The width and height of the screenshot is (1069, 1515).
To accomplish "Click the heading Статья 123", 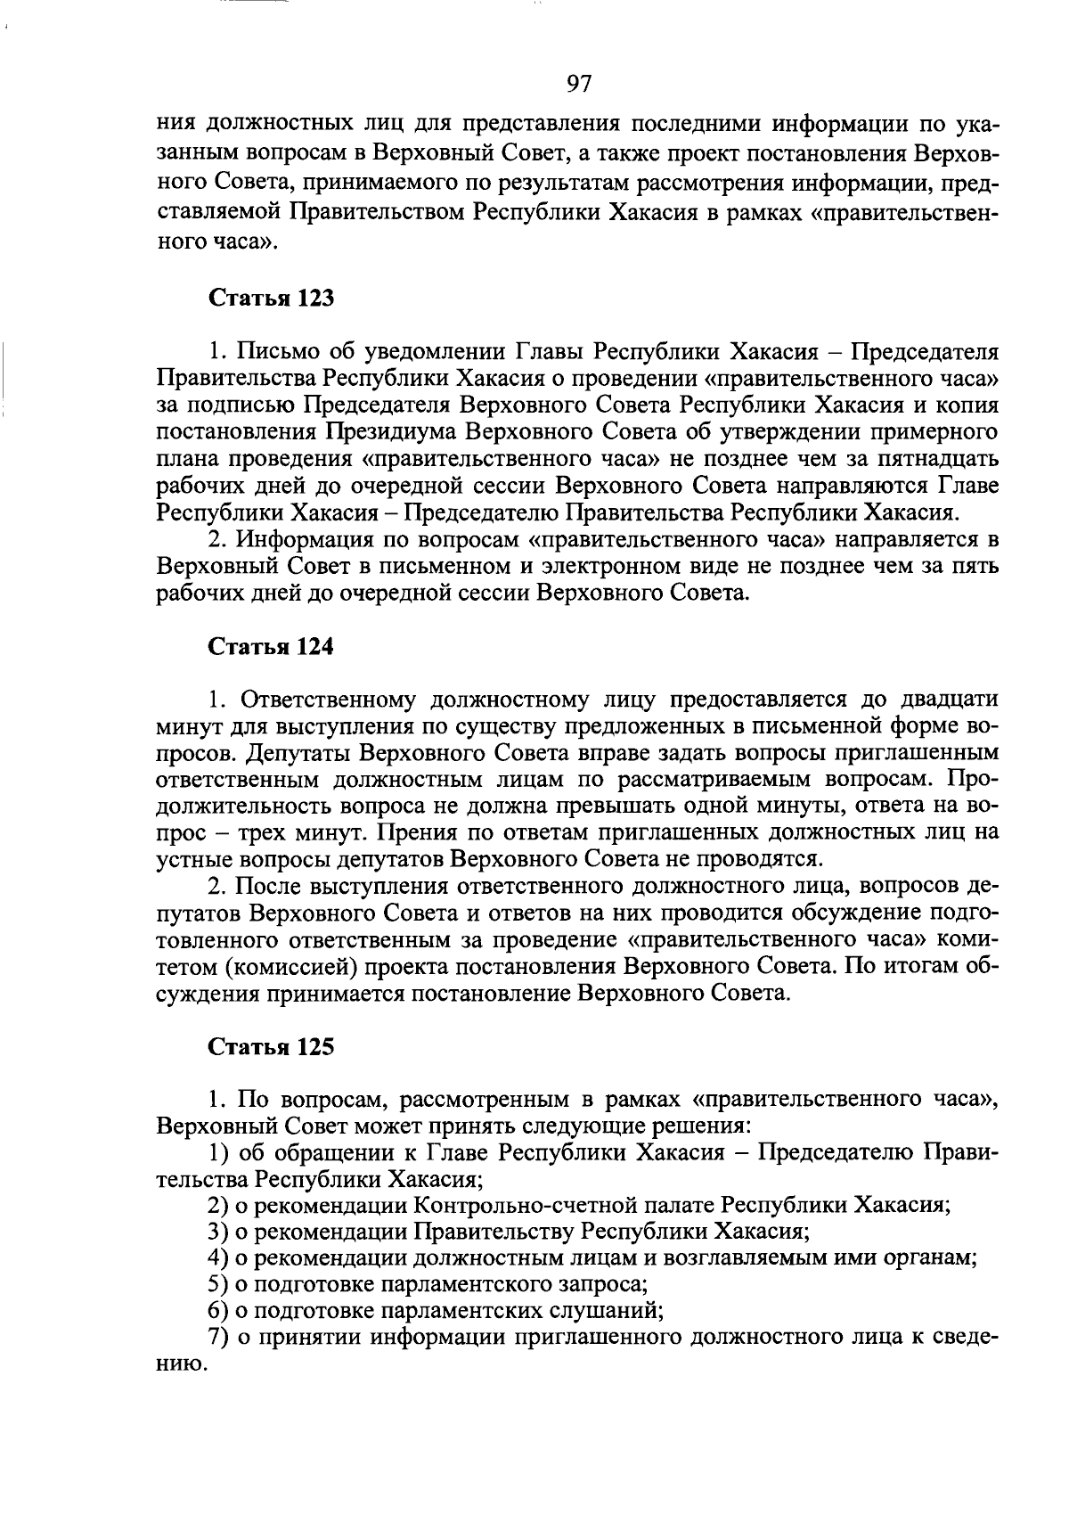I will pyautogui.click(x=271, y=298).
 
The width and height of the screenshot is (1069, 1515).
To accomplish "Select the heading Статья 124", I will pyautogui.click(x=271, y=647).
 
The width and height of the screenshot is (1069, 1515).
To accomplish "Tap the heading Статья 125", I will pyautogui.click(x=271, y=1046).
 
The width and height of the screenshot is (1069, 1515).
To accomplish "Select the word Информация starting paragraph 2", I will pyautogui.click(x=303, y=540).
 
